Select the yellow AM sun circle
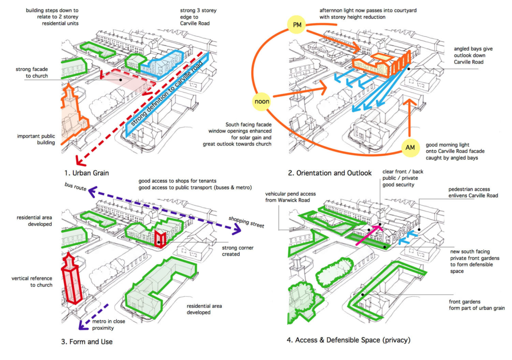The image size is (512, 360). click(411, 148)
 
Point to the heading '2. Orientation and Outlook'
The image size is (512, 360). click(329, 173)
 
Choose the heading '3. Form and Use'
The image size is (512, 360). click(87, 341)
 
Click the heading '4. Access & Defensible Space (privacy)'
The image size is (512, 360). click(348, 340)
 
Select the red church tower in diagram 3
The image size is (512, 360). click(71, 279)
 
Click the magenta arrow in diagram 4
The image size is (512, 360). click(369, 235)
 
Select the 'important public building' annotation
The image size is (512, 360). click(37, 138)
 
